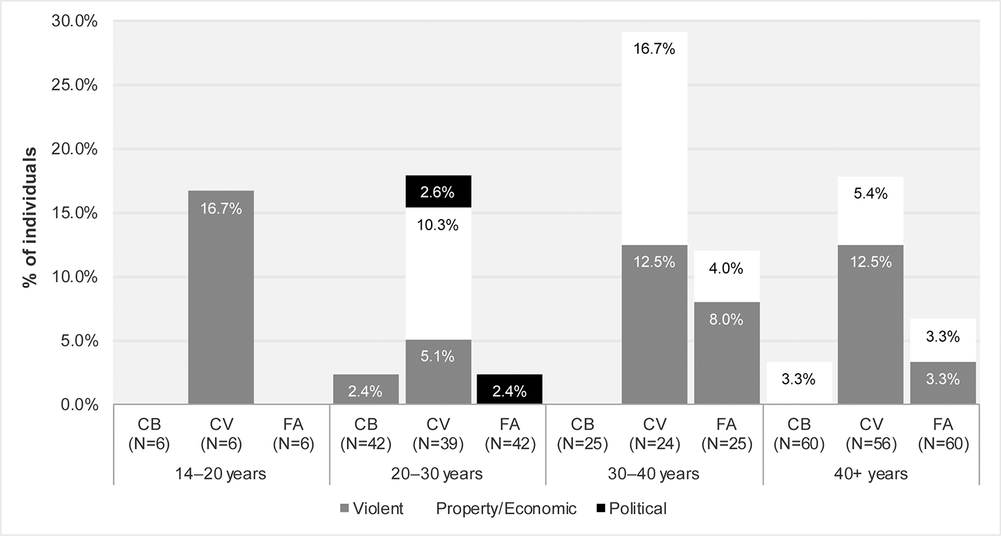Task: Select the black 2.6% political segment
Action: tap(438, 192)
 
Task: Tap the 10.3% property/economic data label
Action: tap(438, 226)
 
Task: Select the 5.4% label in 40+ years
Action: tap(870, 194)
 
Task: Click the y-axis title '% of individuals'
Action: tap(29, 214)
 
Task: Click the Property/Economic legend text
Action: tap(506, 509)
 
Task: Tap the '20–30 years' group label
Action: tap(438, 475)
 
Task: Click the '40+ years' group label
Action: tap(870, 475)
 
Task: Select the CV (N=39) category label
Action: tap(438, 434)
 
